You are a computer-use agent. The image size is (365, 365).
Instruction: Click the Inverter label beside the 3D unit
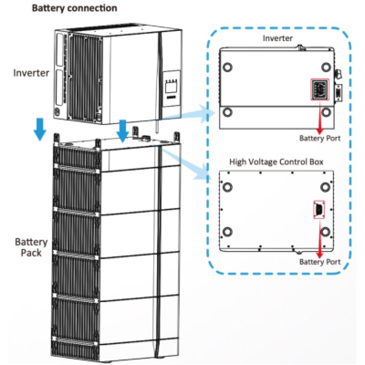click(x=31, y=73)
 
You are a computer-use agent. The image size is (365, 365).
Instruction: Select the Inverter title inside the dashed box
click(x=277, y=38)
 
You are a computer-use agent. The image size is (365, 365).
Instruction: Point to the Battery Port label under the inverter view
click(x=319, y=138)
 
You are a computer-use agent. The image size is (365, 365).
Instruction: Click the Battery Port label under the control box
click(x=319, y=262)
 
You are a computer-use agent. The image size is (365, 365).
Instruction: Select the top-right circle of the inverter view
click(x=325, y=67)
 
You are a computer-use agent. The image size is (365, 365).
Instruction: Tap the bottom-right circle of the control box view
click(x=325, y=231)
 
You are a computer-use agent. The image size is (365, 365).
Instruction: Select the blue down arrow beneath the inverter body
click(x=122, y=130)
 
